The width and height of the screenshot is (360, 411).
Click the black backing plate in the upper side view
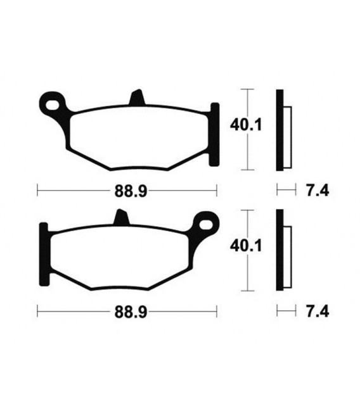click(280, 130)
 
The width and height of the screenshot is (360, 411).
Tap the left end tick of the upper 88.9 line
click(38, 189)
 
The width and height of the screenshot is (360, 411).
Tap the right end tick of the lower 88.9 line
click(217, 311)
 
